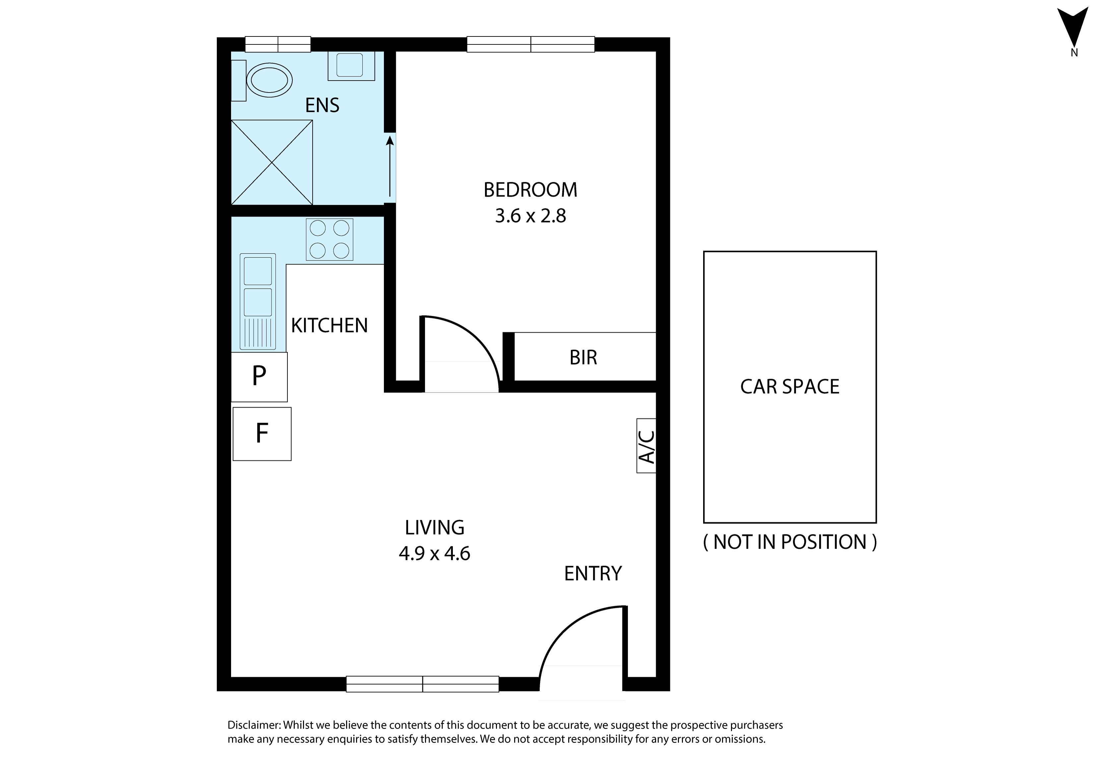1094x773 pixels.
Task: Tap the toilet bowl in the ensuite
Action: [x=269, y=81]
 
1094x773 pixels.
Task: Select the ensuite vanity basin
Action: [x=351, y=65]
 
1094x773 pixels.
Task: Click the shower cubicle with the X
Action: [x=272, y=162]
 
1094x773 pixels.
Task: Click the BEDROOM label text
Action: [x=530, y=190]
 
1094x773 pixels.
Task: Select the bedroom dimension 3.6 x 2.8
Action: [x=530, y=216]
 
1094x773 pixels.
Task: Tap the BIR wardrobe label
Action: [x=583, y=357]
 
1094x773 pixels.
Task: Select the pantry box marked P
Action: [x=259, y=377]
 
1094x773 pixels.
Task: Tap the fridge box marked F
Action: [x=262, y=434]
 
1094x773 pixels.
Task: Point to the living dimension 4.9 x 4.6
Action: [x=435, y=554]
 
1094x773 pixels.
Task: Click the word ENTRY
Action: [x=593, y=573]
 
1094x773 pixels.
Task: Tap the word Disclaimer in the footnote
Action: [x=254, y=725]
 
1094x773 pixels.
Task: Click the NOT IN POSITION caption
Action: [x=790, y=542]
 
